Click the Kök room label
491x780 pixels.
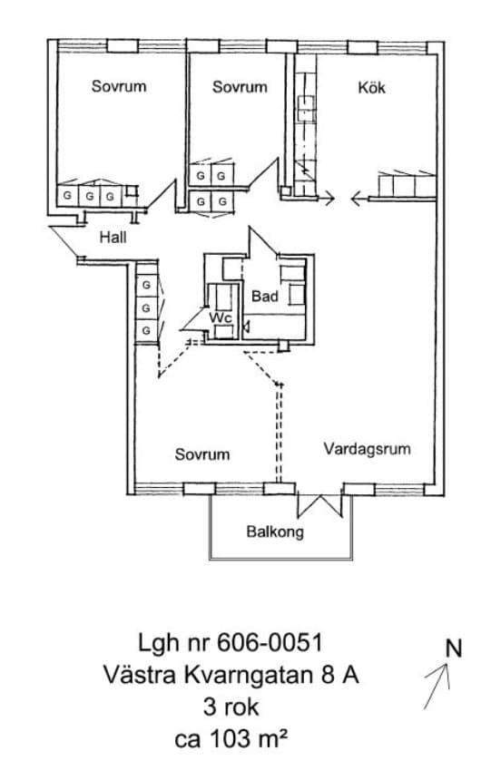tap(371, 88)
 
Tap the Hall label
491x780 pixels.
tap(113, 238)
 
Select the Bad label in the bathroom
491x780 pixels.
tap(264, 297)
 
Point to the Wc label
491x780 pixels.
tap(221, 317)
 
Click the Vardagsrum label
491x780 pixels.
tap(367, 449)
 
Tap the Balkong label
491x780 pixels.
tap(275, 531)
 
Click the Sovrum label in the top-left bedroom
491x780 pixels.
tap(119, 86)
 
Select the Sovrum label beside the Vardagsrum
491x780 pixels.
tap(202, 454)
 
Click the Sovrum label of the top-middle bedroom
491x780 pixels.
tap(240, 86)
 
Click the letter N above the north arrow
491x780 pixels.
tap(453, 648)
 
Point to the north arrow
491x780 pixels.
tap(437, 686)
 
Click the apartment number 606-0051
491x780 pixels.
tap(270, 643)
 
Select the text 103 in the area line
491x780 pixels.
tap(230, 739)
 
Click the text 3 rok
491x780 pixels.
tap(231, 707)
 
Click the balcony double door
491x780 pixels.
tap(319, 505)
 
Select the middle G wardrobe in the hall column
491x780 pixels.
tap(146, 308)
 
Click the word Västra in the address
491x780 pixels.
tap(140, 676)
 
